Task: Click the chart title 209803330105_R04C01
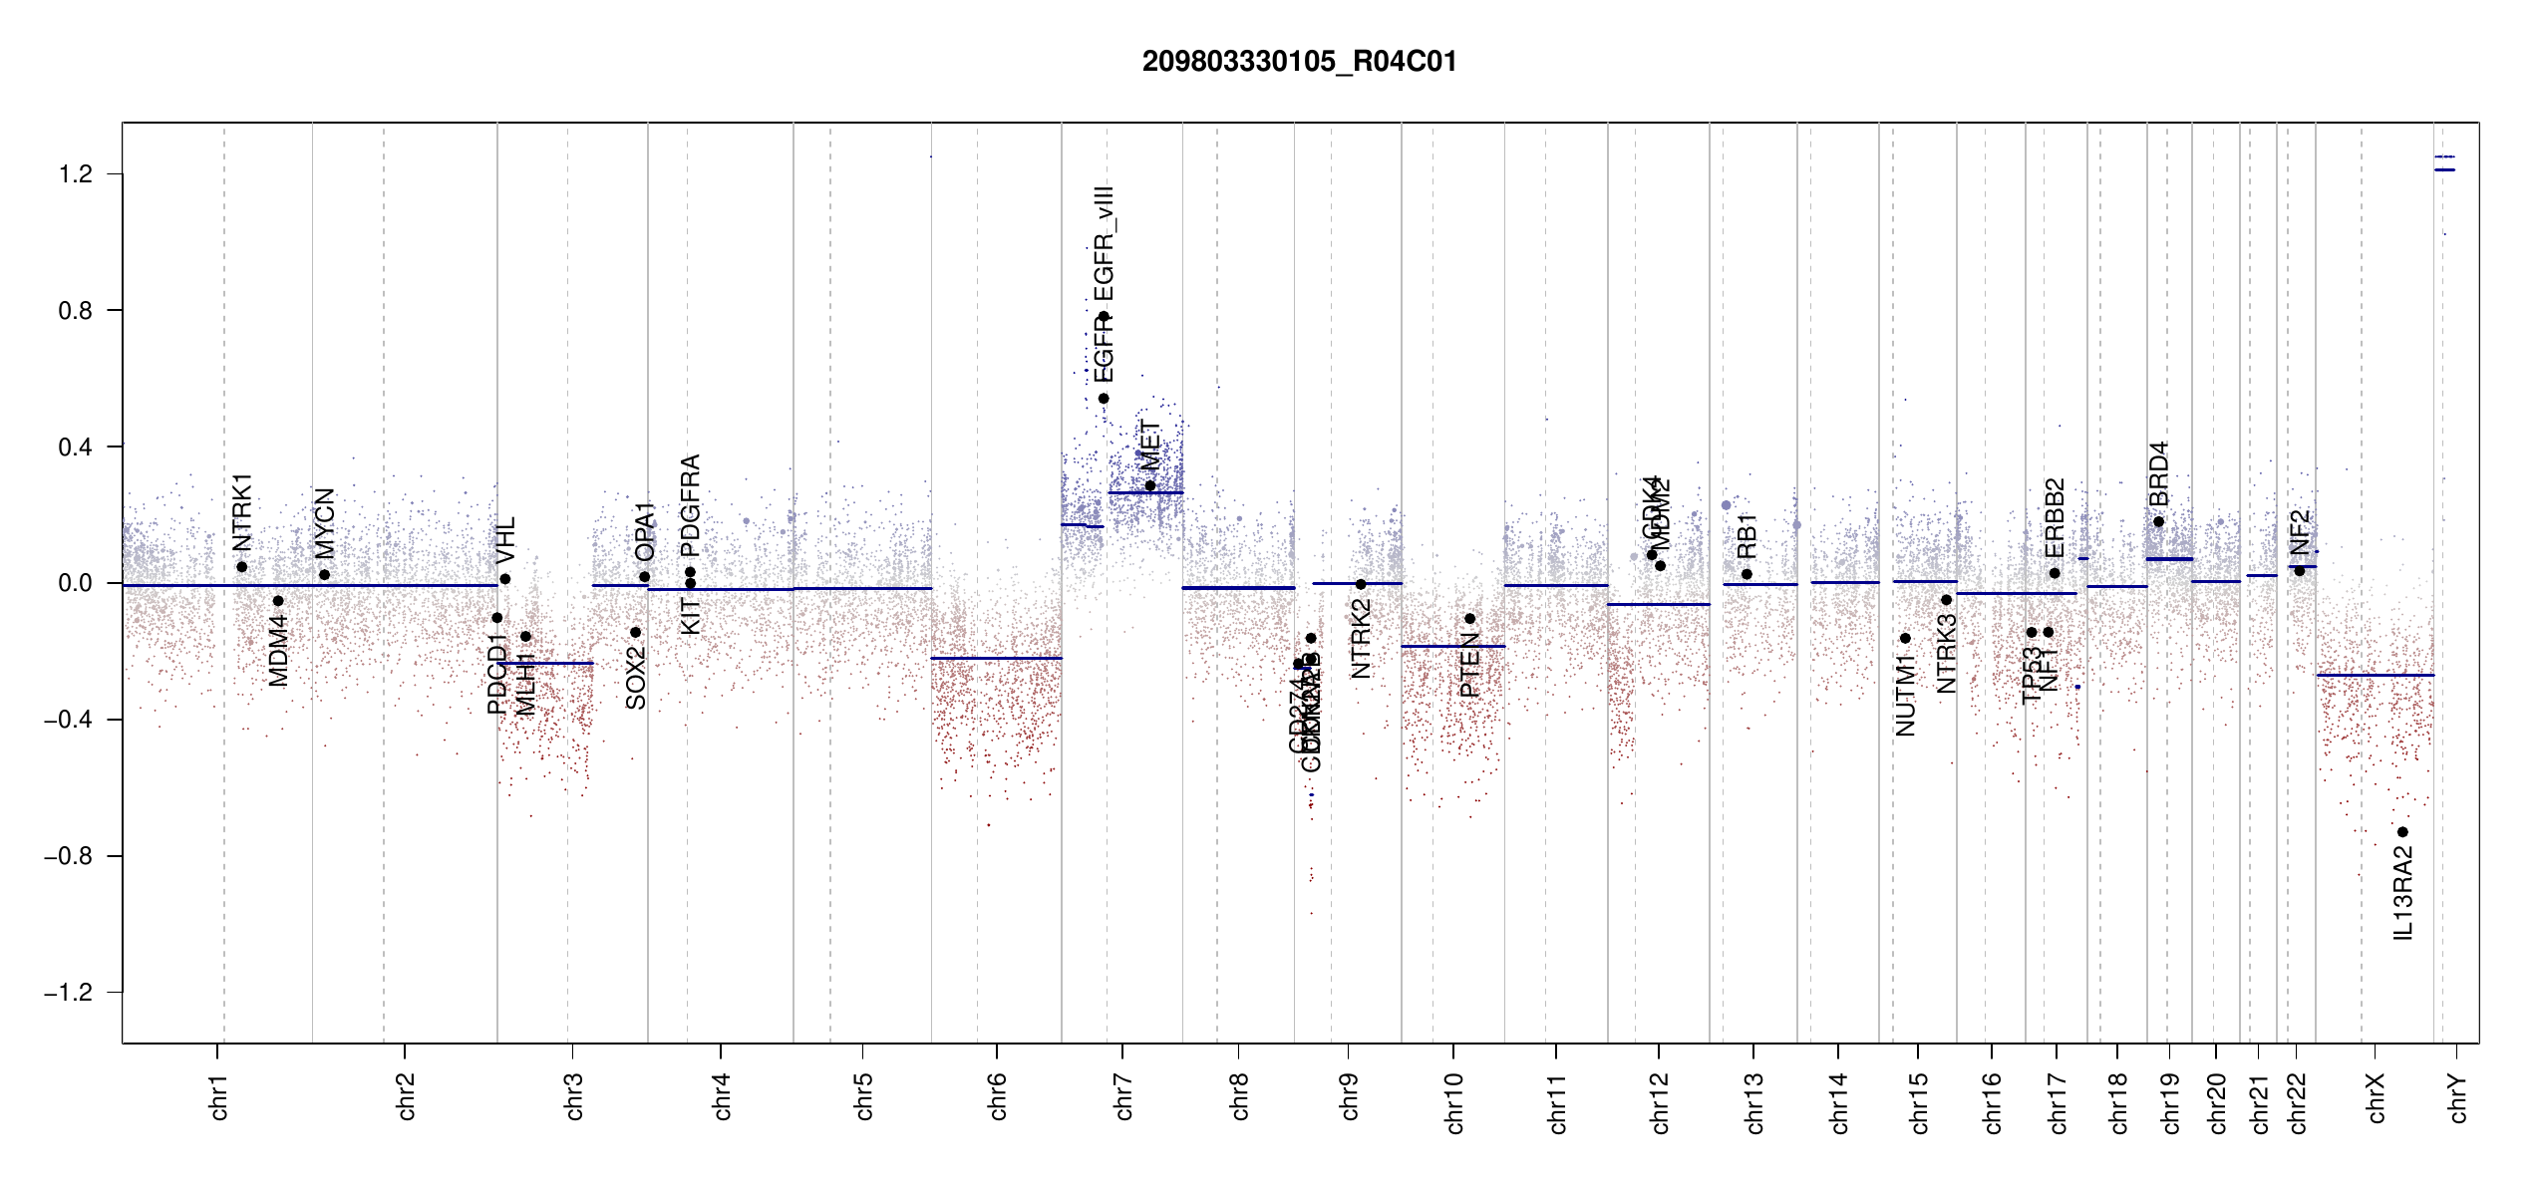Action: pos(1299,62)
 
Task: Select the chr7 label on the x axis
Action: pos(1123,1097)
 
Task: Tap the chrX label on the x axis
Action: pos(2376,1097)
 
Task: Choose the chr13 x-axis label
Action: pos(1754,1102)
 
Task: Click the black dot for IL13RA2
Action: pos(2402,832)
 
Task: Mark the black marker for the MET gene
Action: pos(1150,486)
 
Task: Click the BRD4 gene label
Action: pos(2158,474)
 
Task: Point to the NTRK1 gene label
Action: pos(242,512)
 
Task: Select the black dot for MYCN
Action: pos(324,575)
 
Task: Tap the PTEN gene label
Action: pos(1469,665)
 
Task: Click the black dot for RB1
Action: pos(1747,574)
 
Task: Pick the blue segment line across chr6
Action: pos(996,658)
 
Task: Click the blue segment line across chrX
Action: pos(2375,675)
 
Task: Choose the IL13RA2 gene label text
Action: pos(2402,893)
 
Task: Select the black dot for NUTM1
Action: pos(1905,638)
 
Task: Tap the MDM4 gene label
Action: pos(278,651)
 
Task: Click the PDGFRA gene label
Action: pos(690,505)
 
